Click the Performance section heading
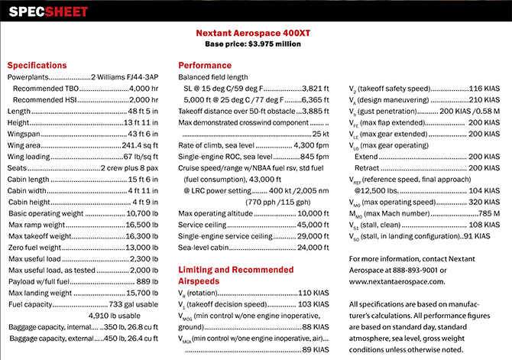pyautogui.click(x=204, y=66)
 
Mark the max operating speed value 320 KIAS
pyautogui.click(x=484, y=203)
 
